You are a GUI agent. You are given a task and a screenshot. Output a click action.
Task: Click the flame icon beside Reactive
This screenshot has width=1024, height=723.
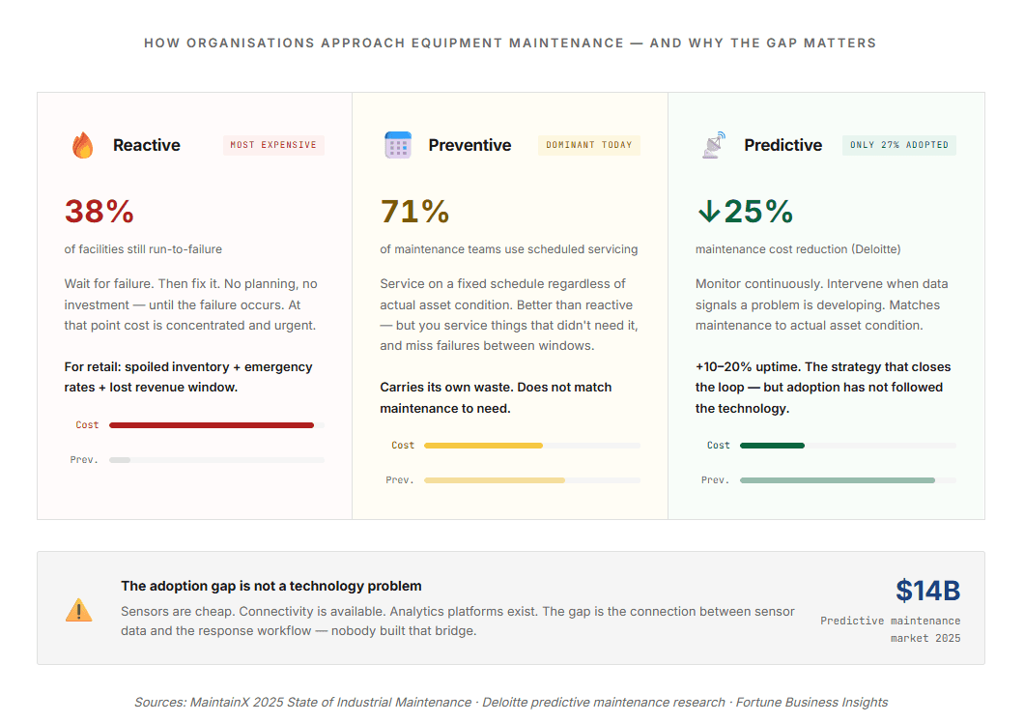pyautogui.click(x=83, y=146)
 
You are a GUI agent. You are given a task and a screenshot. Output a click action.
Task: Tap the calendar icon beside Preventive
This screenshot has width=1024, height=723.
pyautogui.click(x=398, y=145)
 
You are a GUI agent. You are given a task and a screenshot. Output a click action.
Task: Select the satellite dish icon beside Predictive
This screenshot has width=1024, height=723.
pyautogui.click(x=714, y=145)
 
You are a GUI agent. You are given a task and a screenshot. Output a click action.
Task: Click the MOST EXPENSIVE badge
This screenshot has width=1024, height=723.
pyautogui.click(x=273, y=145)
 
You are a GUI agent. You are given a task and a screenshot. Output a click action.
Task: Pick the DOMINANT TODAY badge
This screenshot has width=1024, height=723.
pyautogui.click(x=589, y=145)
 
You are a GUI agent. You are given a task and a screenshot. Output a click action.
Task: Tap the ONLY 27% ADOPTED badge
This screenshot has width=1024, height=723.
pyautogui.click(x=899, y=145)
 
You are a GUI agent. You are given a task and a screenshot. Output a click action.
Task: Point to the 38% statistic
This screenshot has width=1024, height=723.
pyautogui.click(x=100, y=211)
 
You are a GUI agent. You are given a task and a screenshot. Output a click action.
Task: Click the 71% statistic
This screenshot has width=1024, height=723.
pyautogui.click(x=415, y=211)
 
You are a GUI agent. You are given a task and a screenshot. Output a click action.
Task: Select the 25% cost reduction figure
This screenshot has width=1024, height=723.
pyautogui.click(x=758, y=211)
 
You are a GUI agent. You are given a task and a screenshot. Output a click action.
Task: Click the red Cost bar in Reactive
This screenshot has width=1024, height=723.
pyautogui.click(x=212, y=425)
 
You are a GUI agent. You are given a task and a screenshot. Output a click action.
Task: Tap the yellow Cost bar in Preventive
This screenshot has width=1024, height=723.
pyautogui.click(x=483, y=446)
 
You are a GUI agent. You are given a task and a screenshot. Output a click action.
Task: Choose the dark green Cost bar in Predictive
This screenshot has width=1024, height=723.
pyautogui.click(x=772, y=446)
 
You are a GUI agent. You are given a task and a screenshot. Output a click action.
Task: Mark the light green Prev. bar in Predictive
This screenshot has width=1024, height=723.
pyautogui.click(x=837, y=480)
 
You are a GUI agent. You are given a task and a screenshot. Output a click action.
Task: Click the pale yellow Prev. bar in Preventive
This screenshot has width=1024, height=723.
pyautogui.click(x=494, y=480)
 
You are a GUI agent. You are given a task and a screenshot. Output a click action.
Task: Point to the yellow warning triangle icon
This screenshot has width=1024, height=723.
pyautogui.click(x=79, y=610)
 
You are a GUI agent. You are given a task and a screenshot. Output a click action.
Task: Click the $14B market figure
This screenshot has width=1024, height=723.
pyautogui.click(x=927, y=591)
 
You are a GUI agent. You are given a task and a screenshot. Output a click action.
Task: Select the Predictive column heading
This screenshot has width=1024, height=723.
pyautogui.click(x=782, y=145)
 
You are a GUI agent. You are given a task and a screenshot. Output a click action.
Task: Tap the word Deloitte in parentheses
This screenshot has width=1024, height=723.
pyautogui.click(x=875, y=249)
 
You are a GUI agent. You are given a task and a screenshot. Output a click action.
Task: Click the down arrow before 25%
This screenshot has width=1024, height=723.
pyautogui.click(x=708, y=211)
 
